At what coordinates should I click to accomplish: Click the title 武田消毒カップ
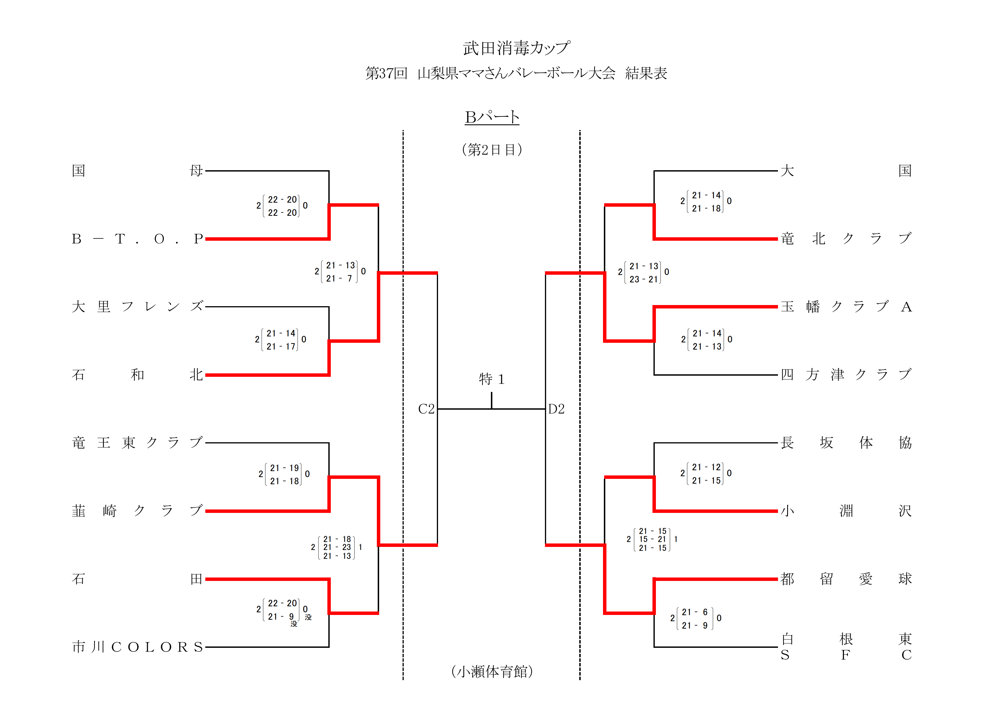coord(516,48)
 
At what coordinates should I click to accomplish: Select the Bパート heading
coord(492,117)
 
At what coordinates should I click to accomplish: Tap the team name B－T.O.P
coord(137,239)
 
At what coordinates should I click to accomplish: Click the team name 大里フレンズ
coord(137,307)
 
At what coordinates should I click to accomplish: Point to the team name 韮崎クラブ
coord(137,511)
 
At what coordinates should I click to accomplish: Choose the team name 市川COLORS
coord(137,647)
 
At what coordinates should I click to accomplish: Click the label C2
coord(426,409)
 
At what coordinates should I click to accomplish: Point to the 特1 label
coord(492,379)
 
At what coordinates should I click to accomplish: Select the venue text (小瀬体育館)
coord(492,672)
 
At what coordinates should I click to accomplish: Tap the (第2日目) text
coord(492,150)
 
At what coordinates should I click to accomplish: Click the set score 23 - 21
coord(644,279)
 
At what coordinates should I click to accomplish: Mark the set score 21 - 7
coord(339,278)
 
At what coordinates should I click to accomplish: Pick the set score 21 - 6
coord(694,612)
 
